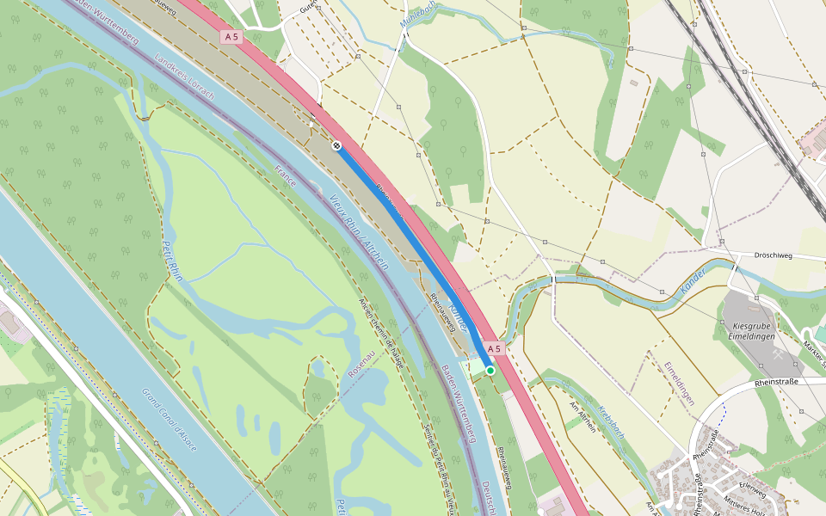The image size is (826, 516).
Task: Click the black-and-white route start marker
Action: pos(336,145)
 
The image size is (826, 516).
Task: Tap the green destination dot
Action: pos(490,370)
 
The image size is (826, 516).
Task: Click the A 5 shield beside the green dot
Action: pos(492,349)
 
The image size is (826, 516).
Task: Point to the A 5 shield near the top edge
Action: pos(231,37)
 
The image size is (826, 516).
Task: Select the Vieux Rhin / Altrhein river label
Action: pos(359,232)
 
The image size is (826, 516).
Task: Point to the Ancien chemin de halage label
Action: pos(381,332)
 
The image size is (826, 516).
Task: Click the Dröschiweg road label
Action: pos(772,256)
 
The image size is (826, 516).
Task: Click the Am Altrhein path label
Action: pos(583,416)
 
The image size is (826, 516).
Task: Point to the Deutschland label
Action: pos(487,496)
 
